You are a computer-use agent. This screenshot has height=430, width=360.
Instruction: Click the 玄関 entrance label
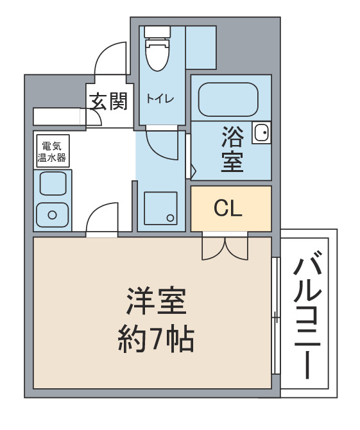109,101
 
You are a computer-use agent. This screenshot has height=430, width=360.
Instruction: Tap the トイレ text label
160,99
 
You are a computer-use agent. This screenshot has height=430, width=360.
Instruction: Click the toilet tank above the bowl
157,32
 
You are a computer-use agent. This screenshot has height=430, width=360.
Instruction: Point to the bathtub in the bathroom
228,99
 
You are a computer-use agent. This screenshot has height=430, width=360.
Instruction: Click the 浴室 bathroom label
232,149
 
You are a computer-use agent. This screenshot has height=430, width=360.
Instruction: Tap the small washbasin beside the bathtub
261,132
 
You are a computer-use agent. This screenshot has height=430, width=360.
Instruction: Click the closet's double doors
225,248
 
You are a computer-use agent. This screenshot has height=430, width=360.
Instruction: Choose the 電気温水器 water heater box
52,151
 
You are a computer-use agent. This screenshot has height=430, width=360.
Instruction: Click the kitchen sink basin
53,183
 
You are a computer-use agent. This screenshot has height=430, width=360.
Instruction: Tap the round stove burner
52,215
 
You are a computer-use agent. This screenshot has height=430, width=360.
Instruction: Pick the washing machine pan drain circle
170,218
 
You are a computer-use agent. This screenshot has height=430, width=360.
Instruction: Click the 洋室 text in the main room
157,301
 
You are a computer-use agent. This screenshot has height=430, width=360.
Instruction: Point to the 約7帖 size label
156,339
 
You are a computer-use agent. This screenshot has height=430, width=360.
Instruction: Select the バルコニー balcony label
307,318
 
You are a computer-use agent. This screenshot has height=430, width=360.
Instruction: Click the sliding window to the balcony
275,315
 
